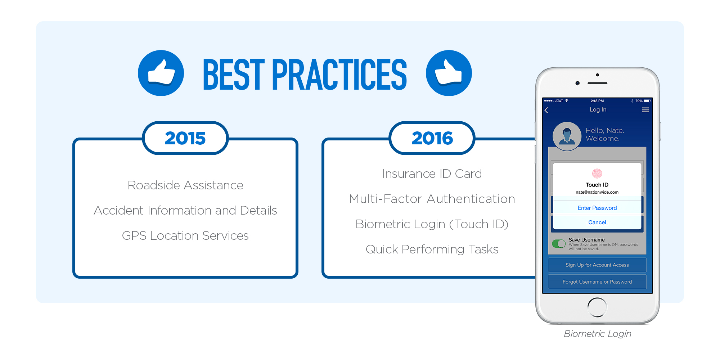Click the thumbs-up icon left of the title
[161, 73]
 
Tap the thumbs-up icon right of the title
[449, 73]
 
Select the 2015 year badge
[185, 138]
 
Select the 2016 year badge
[432, 138]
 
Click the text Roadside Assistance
[185, 185]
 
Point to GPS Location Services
[185, 235]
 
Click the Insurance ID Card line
[432, 174]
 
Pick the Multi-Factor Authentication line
[432, 199]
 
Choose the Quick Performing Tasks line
[432, 249]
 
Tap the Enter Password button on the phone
[597, 208]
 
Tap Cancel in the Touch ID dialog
[597, 222]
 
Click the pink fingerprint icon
[597, 174]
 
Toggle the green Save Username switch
[559, 244]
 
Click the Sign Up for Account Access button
[597, 265]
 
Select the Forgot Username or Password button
[597, 282]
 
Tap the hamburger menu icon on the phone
[645, 110]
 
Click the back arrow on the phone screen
[546, 110]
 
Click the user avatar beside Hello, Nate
[567, 136]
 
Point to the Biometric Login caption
[598, 334]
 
